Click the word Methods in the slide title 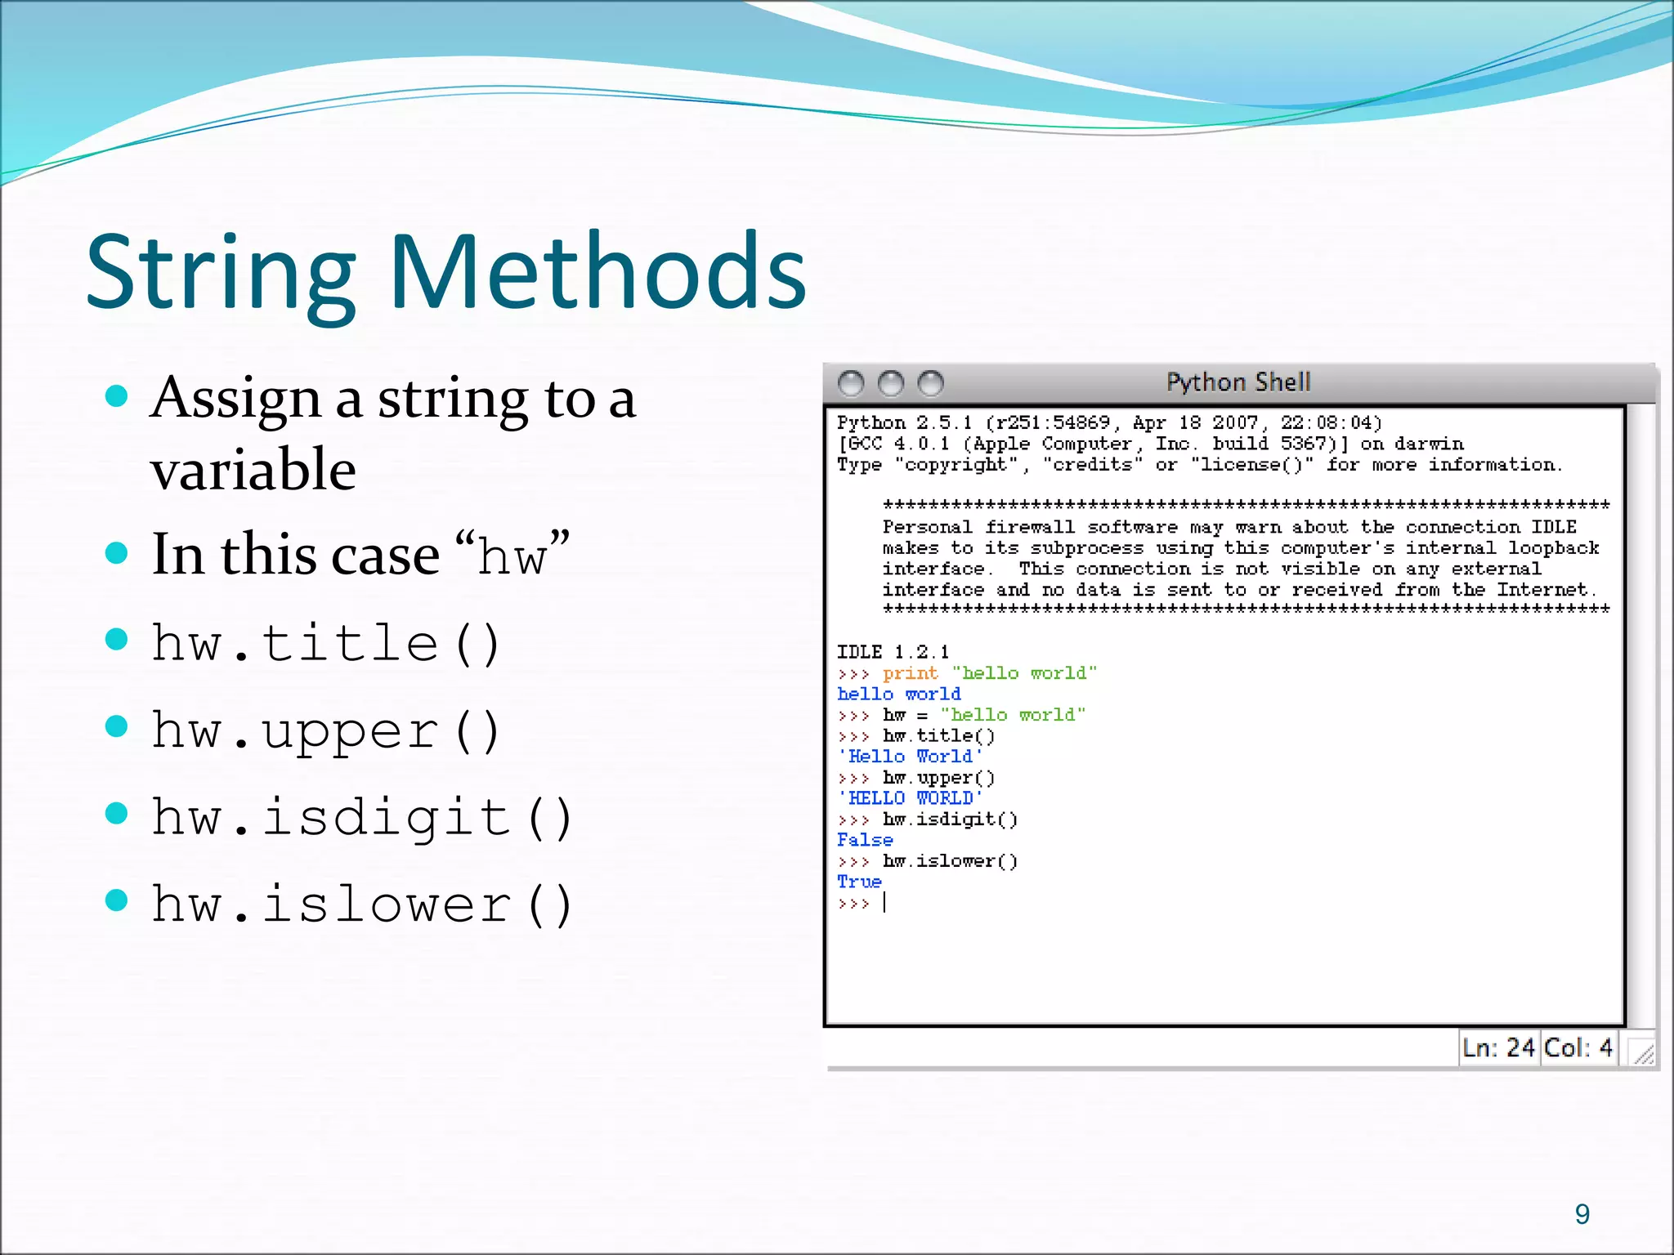click(x=598, y=271)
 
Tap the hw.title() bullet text click(x=326, y=643)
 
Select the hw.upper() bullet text click(x=326, y=730)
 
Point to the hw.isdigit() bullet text click(x=363, y=818)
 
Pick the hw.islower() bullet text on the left click(x=363, y=904)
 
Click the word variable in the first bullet click(x=253, y=470)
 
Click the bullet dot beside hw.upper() click(x=118, y=726)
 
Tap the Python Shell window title click(x=1238, y=382)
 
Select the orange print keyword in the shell click(x=910, y=673)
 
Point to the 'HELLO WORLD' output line click(x=910, y=798)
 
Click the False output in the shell click(x=865, y=840)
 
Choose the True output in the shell click(x=859, y=882)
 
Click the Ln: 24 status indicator click(x=1498, y=1047)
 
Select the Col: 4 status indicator click(x=1578, y=1047)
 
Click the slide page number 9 click(x=1582, y=1214)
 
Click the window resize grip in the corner click(x=1643, y=1054)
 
